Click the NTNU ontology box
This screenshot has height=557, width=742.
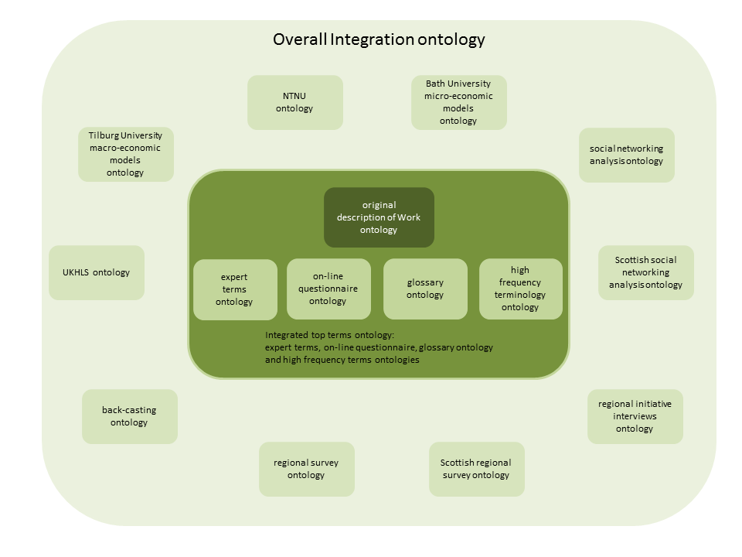(x=294, y=102)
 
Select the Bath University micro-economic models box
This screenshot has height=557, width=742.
(x=458, y=102)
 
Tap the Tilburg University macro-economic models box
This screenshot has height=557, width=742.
(x=125, y=154)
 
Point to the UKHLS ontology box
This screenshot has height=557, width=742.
(x=96, y=272)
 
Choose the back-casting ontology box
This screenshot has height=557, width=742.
(x=129, y=416)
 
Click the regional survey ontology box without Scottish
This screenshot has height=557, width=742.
(x=306, y=469)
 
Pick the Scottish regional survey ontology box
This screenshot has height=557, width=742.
(x=476, y=469)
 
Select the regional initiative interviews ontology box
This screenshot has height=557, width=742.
(x=635, y=416)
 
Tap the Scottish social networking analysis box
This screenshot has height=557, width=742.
(x=646, y=272)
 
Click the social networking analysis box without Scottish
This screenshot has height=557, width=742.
(x=626, y=155)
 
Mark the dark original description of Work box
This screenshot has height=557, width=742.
(x=379, y=217)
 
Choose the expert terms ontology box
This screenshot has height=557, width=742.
(x=234, y=289)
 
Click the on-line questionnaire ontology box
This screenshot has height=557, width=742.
(x=328, y=289)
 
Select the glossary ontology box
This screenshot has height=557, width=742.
(x=425, y=289)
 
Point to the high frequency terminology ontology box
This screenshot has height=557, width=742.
(x=520, y=289)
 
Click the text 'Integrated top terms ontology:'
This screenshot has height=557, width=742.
(x=329, y=336)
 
